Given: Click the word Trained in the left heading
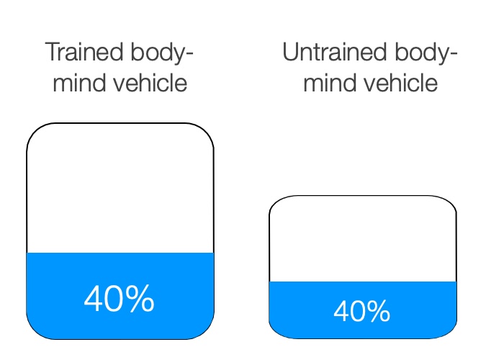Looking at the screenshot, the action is point(84,52).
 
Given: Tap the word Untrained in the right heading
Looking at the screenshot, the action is point(334,52).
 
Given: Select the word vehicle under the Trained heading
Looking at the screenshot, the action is point(150,83).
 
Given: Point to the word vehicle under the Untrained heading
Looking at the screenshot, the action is point(400,83).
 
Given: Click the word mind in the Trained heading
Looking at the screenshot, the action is point(80,83).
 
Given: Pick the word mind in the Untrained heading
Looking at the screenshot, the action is point(330,83).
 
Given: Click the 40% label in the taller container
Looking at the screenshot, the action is point(120,299).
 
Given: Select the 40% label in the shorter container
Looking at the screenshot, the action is point(362,311).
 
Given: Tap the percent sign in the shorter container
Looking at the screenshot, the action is point(379,311).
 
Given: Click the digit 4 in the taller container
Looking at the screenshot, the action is point(94,299).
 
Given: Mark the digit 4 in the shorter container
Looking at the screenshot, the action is point(342,311).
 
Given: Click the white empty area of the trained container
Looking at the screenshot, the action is point(120,189).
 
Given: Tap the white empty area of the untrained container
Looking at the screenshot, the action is point(363,239).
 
